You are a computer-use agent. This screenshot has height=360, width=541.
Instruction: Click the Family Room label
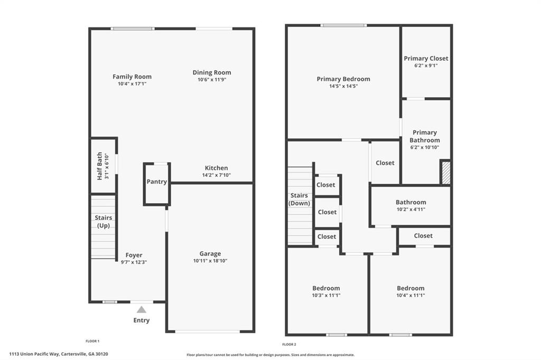coord(132,77)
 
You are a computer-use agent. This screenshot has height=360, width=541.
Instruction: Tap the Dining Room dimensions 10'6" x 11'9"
coord(211,80)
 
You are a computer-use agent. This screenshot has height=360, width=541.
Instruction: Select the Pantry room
coord(157,182)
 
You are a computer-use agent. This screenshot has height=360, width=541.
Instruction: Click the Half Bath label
coord(99,166)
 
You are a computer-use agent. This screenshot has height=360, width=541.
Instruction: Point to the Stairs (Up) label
coord(103,222)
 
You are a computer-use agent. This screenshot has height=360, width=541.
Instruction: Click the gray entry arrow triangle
coord(141,310)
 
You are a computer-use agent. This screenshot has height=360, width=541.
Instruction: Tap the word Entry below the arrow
coord(141,320)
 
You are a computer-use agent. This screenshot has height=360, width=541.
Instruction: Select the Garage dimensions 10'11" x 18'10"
coord(210,261)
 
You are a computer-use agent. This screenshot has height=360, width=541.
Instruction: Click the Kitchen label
coord(216,168)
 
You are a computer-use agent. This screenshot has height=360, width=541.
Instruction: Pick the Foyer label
coord(134,255)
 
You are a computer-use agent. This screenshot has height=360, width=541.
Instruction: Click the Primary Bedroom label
coord(343,79)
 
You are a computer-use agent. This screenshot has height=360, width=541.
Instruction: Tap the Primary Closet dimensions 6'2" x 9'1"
coord(426,65)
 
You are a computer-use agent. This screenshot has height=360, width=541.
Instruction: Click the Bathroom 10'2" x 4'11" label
coord(411,205)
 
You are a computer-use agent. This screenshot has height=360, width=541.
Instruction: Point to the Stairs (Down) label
coord(300,200)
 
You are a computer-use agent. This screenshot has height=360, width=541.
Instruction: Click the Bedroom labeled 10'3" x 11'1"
coord(326,291)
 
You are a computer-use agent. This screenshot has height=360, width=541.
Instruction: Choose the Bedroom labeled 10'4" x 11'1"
coord(411,291)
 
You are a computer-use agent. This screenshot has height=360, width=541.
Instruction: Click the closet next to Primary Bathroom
coord(385,163)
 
